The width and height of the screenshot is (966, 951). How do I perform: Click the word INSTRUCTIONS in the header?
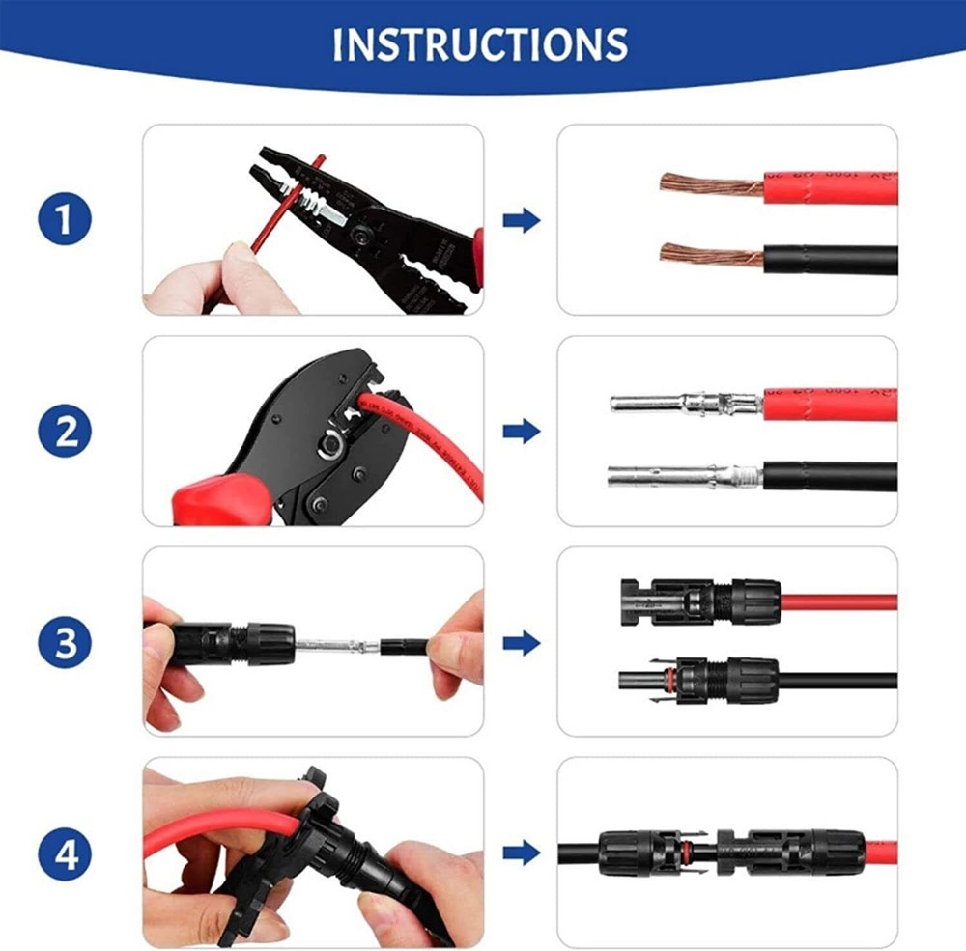click(480, 44)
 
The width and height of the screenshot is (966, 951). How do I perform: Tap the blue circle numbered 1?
click(65, 220)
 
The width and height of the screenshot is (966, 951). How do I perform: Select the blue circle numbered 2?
click(65, 432)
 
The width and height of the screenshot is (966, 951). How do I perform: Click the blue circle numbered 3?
click(65, 642)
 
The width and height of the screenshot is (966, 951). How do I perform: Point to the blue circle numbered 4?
click(65, 854)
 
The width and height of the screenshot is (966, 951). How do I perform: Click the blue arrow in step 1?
click(522, 221)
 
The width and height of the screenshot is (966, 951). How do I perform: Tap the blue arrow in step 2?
click(522, 432)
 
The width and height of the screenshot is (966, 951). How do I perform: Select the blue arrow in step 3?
click(522, 642)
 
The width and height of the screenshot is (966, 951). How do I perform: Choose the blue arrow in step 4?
click(522, 853)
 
